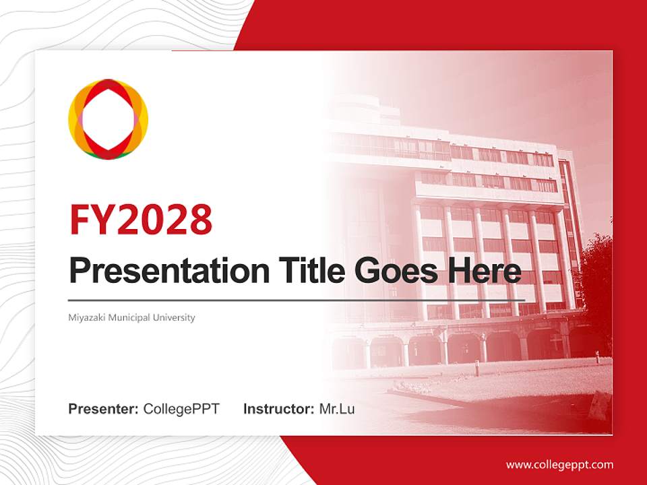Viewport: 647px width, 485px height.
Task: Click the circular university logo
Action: click(x=108, y=119)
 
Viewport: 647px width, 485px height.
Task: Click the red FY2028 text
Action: click(x=140, y=219)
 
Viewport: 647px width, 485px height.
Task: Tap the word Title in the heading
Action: click(x=310, y=271)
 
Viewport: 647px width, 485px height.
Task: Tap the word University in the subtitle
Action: click(x=175, y=317)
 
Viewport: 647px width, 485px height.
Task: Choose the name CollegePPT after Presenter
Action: click(x=181, y=409)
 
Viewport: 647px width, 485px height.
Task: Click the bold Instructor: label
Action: click(x=279, y=409)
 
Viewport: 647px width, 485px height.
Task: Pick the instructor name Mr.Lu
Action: click(x=337, y=409)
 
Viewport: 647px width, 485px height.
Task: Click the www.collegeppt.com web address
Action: click(x=559, y=465)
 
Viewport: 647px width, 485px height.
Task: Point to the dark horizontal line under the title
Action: click(x=297, y=300)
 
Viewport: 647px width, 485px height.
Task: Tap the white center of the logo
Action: click(x=108, y=119)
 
